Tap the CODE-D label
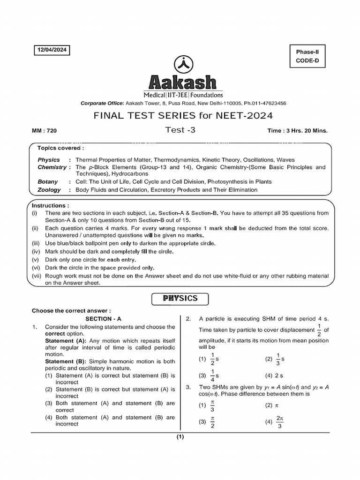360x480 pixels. pyautogui.click(x=307, y=60)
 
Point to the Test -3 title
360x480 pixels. pyautogui.click(x=180, y=130)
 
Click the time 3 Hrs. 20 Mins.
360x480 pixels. pyautogui.click(x=297, y=131)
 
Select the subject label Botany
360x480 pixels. pyautogui.click(x=48, y=181)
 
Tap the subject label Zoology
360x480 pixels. pyautogui.click(x=49, y=190)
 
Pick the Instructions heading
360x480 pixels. pyautogui.click(x=51, y=205)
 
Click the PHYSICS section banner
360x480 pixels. pyautogui.click(x=180, y=299)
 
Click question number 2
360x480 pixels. pyautogui.click(x=188, y=319)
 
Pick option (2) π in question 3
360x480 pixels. pyautogui.click(x=272, y=405)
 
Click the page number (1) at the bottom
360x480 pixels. pyautogui.click(x=180, y=437)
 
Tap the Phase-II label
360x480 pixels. pyautogui.click(x=307, y=51)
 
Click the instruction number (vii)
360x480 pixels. pyautogui.click(x=37, y=276)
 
